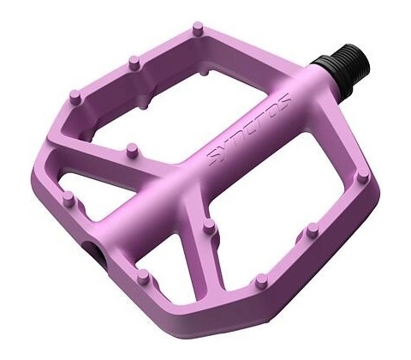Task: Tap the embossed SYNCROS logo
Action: click(x=249, y=129)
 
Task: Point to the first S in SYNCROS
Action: click(x=214, y=159)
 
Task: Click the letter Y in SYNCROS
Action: click(x=225, y=148)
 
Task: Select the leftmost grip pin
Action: click(x=68, y=199)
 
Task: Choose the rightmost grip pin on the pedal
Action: click(x=362, y=176)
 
